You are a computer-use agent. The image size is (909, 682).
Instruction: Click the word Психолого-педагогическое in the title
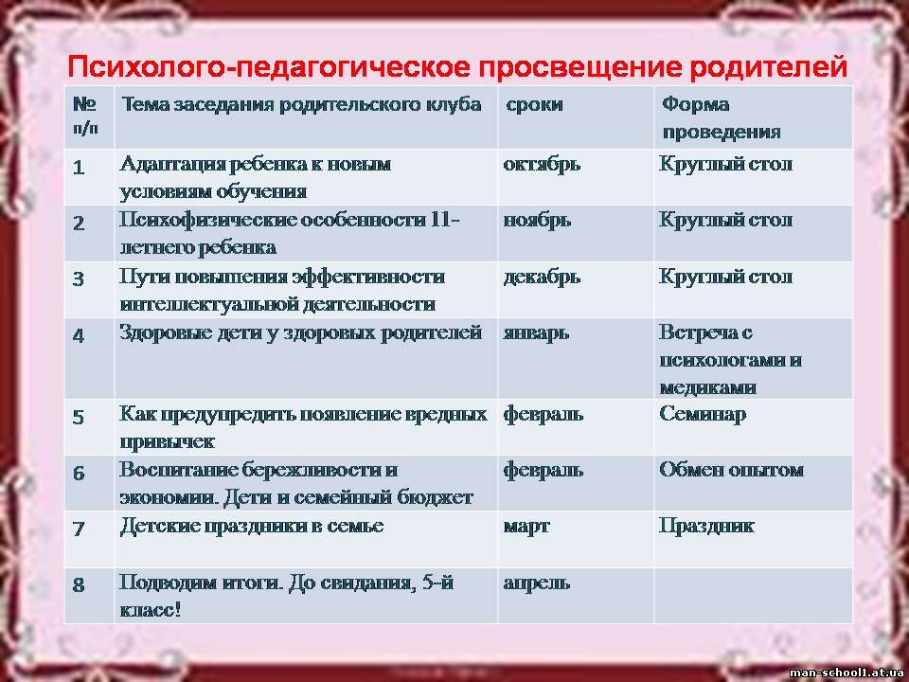pos(268,66)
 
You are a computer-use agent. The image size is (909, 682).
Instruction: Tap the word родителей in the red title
pos(768,66)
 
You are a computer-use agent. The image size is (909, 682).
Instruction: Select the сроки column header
pos(534,104)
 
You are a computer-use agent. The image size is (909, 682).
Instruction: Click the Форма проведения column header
pos(722,117)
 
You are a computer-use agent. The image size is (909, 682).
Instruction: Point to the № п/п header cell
pos(85,115)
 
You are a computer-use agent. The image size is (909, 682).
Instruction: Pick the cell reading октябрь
pos(542,165)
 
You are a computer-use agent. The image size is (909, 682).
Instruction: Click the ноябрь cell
pos(537,221)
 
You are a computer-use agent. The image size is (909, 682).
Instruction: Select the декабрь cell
pos(542,278)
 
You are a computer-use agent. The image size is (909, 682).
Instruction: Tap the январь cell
pos(536,333)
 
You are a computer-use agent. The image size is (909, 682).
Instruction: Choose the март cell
pos(526,527)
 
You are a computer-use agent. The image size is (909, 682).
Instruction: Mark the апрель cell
pos(536,583)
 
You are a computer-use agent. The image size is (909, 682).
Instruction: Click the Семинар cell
pos(702,414)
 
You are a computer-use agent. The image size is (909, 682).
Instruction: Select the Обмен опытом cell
pos(732,470)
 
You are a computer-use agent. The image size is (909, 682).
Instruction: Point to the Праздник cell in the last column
pos(706,526)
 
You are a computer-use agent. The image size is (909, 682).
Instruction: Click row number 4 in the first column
pos(79,335)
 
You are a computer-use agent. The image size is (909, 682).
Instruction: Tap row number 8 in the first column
pos(79,585)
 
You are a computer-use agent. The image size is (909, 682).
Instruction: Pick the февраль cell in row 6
pos(544,471)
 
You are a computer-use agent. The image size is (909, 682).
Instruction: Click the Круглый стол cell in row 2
pos(726,221)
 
